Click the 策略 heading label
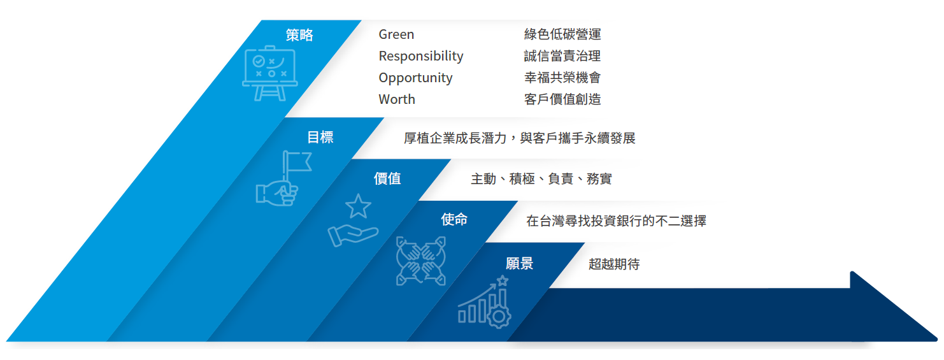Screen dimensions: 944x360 pos(299,35)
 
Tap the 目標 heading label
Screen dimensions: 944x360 pos(320,138)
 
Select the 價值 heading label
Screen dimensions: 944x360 pos(387,179)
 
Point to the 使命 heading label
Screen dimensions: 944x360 pos(454,220)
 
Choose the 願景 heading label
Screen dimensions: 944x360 pos(519,264)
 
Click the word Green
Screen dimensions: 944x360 pos(396,34)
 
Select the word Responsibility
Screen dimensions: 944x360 pos(420,56)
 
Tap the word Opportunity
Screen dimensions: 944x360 pos(415,78)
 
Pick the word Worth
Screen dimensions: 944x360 pos(397,99)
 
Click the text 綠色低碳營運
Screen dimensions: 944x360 pos(562,34)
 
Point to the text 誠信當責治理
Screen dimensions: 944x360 pos(562,56)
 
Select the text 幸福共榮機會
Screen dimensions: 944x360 pos(562,78)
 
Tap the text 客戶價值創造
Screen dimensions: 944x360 pos(562,99)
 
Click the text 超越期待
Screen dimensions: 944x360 pos(614,264)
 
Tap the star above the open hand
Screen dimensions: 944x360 pos(358,206)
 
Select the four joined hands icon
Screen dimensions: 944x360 pos(420,261)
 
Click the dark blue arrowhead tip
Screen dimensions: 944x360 pos(936,338)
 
